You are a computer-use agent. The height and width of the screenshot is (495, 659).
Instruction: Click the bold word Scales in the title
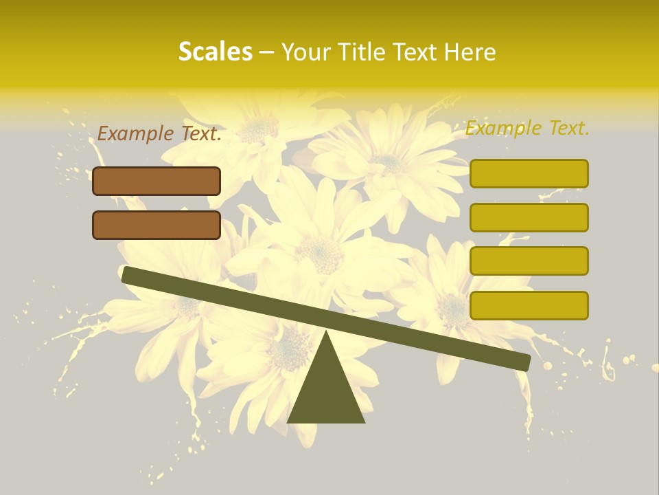215,52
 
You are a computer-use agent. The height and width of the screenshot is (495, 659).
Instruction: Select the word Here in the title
470,52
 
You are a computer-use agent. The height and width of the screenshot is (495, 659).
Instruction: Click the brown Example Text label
159,134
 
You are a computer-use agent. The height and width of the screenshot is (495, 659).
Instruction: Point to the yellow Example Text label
527,128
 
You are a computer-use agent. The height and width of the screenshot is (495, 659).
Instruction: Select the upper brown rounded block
157,181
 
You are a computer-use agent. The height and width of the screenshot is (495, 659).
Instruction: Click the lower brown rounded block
157,225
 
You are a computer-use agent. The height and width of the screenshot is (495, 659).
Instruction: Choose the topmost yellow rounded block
529,173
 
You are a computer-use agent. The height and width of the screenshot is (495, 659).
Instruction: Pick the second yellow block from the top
529,217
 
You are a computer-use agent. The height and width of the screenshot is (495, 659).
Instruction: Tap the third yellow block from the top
529,261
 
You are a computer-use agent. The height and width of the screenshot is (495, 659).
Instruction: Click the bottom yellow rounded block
529,305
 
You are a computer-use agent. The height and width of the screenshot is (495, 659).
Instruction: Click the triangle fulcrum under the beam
326,388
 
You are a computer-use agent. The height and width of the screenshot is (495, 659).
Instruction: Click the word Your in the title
303,52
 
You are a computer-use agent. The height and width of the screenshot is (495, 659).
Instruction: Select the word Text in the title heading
413,52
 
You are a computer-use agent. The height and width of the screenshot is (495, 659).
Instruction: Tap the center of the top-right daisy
389,163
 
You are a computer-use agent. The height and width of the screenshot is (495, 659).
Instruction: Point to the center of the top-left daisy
259,128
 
